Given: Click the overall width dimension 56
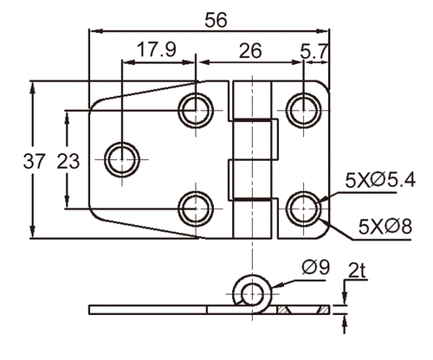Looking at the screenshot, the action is tap(216, 20).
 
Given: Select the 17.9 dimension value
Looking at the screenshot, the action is tap(156, 49).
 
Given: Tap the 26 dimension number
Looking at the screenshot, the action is tap(250, 51).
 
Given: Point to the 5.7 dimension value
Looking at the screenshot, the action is tap(314, 52).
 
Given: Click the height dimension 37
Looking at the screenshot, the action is tap(35, 161).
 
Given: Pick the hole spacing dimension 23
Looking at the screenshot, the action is tap(68, 161).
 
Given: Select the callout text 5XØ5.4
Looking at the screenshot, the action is tap(380, 180).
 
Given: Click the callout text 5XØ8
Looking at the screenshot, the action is tap(385, 226).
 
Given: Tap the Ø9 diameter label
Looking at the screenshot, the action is tap(315, 267).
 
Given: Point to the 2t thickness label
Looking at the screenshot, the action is tap(357, 270).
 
